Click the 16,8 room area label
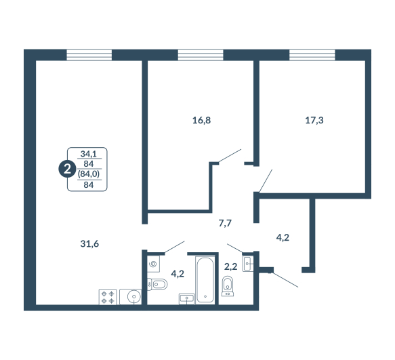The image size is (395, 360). (201, 121)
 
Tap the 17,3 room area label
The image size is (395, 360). (314, 121)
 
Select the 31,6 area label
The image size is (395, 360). (89, 244)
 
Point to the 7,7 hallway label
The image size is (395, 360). (225, 223)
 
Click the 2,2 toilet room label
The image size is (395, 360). (231, 266)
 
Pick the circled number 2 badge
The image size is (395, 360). (67, 169)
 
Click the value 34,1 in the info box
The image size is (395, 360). (89, 153)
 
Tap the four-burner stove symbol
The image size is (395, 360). (108, 297)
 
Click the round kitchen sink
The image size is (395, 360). (133, 297)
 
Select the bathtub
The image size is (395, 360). (205, 280)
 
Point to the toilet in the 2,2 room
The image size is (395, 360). (228, 286)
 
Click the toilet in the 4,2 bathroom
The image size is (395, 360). (157, 284)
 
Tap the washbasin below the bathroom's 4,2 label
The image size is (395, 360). (187, 299)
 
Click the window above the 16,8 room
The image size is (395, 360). (201, 55)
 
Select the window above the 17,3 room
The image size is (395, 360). (312, 55)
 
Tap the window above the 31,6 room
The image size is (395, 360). (89, 55)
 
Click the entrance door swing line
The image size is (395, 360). (285, 279)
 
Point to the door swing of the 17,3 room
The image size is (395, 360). (266, 181)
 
